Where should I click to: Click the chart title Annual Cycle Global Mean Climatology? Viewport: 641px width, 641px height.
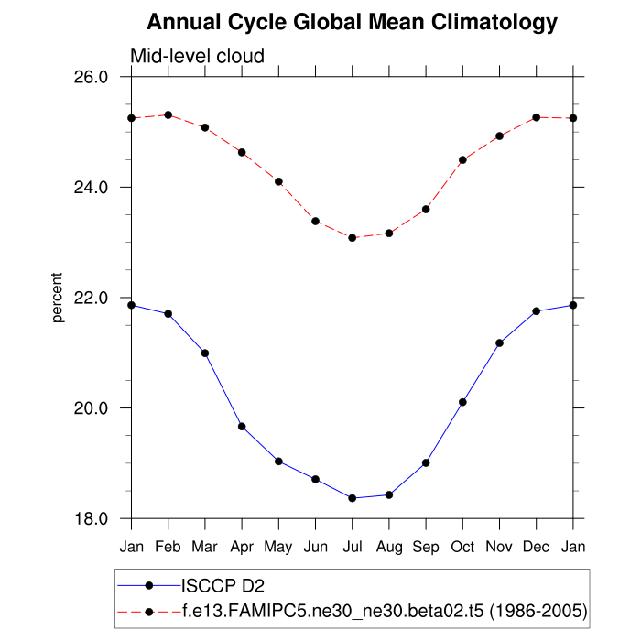click(x=353, y=21)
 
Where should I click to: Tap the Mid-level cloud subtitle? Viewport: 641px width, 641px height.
click(x=197, y=56)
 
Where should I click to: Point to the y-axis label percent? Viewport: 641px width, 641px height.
click(x=58, y=298)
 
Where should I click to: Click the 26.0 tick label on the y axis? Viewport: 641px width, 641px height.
click(x=91, y=77)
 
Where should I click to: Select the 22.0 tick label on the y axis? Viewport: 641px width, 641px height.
click(x=91, y=298)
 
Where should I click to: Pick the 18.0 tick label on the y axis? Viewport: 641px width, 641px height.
click(x=91, y=518)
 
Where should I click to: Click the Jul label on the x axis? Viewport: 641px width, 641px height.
click(x=352, y=547)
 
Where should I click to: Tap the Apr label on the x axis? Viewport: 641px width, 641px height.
click(x=242, y=547)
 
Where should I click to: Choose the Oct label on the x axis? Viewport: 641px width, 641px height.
click(x=462, y=547)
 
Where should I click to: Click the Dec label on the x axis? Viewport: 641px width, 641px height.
click(x=536, y=547)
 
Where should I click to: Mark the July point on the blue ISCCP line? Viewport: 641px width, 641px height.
click(x=352, y=498)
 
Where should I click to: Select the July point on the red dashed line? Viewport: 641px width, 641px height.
click(x=352, y=237)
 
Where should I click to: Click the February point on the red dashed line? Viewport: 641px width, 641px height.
click(x=168, y=114)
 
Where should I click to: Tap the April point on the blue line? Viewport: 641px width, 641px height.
click(x=242, y=427)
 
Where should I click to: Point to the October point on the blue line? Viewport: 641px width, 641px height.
click(x=462, y=402)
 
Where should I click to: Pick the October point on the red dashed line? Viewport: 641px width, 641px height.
click(x=462, y=159)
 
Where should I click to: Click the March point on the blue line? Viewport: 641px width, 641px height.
click(x=205, y=353)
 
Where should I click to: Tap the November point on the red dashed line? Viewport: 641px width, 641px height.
click(x=499, y=136)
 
